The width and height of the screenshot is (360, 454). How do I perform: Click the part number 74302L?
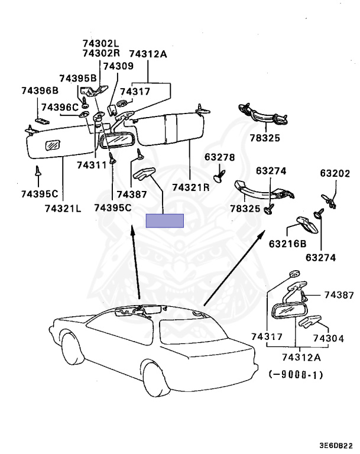click(x=100, y=43)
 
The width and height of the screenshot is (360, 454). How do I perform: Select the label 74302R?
click(x=100, y=53)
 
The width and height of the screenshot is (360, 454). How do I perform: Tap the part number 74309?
click(x=118, y=66)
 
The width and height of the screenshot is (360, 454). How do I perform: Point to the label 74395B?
click(x=78, y=79)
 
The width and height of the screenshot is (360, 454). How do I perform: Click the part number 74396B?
click(x=40, y=90)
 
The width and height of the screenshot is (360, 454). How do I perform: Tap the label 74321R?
click(x=191, y=187)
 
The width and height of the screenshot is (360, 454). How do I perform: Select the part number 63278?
click(x=220, y=157)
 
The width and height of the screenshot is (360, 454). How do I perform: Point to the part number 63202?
click(x=335, y=173)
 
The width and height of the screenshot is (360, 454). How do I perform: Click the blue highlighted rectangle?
click(x=165, y=220)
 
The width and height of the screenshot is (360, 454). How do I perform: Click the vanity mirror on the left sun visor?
click(x=54, y=144)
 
